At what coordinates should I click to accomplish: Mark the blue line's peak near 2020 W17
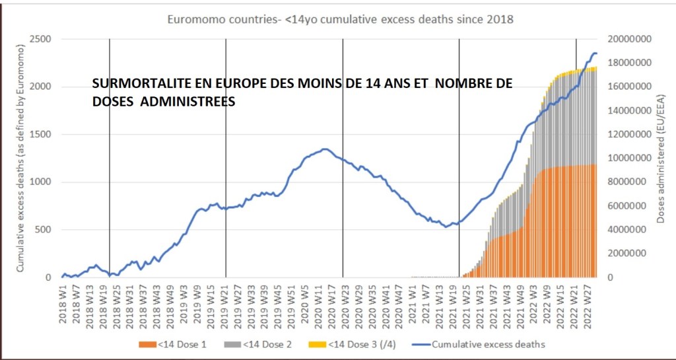tap(324, 149)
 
